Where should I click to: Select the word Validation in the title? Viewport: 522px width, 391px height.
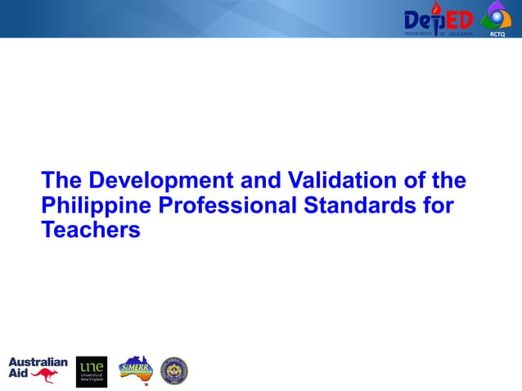[331, 180]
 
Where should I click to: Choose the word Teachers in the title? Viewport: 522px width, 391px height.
[91, 231]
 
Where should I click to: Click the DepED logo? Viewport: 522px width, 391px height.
[438, 20]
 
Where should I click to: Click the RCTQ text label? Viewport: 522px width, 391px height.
[497, 34]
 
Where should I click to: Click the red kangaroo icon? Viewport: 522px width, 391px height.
[45, 375]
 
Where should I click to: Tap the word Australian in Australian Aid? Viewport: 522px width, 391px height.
[38, 362]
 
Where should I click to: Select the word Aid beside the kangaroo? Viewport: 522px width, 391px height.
[18, 373]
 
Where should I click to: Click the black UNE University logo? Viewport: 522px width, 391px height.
[92, 371]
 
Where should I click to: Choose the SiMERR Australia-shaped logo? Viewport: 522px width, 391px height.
[135, 368]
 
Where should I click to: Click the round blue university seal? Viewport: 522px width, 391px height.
[174, 371]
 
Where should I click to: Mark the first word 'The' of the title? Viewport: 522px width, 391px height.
[62, 180]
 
